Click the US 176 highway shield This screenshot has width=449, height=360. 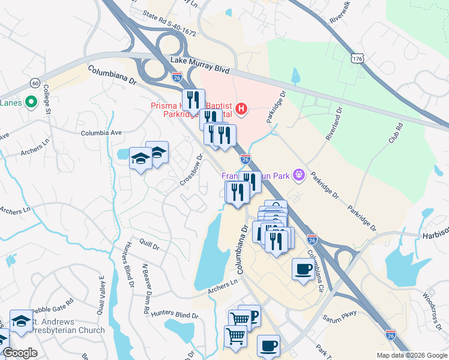(x=357, y=59)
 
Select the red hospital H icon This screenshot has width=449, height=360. (x=241, y=109)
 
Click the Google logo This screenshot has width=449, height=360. (x=20, y=353)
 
